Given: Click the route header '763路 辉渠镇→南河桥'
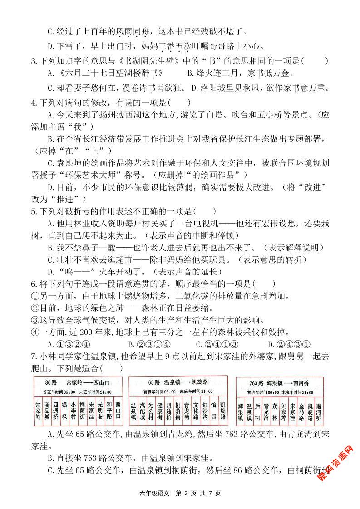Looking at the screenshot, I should tap(280, 383).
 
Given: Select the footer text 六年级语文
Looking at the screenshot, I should tap(154, 493).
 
